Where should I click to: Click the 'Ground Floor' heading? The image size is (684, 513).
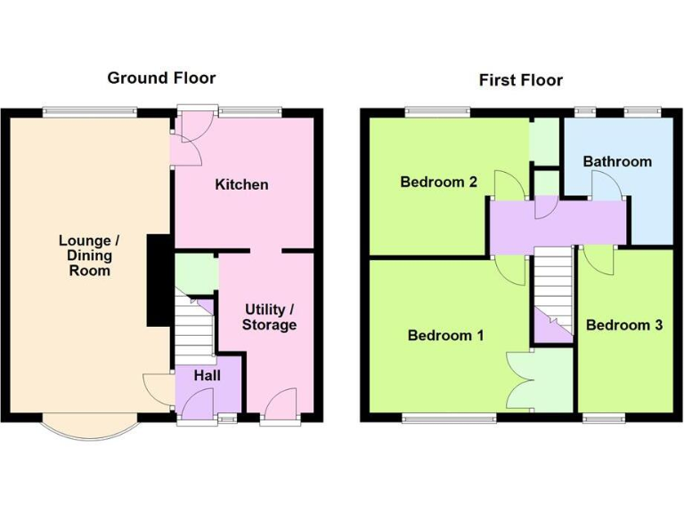tap(161, 78)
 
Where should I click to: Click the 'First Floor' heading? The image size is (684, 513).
tap(521, 80)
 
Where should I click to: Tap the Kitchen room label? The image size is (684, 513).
tap(241, 184)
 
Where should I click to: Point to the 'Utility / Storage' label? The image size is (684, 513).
tap(269, 317)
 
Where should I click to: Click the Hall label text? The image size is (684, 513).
tap(207, 376)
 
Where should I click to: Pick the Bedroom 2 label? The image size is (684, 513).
tap(438, 182)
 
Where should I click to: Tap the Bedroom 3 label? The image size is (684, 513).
tap(623, 325)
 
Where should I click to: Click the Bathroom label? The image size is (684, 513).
tap(617, 161)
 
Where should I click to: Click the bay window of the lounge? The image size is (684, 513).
tap(90, 429)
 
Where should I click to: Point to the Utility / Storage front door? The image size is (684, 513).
tap(280, 403)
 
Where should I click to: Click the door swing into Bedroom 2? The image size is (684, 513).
tap(509, 185)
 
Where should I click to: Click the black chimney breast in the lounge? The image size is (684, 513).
tap(158, 280)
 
